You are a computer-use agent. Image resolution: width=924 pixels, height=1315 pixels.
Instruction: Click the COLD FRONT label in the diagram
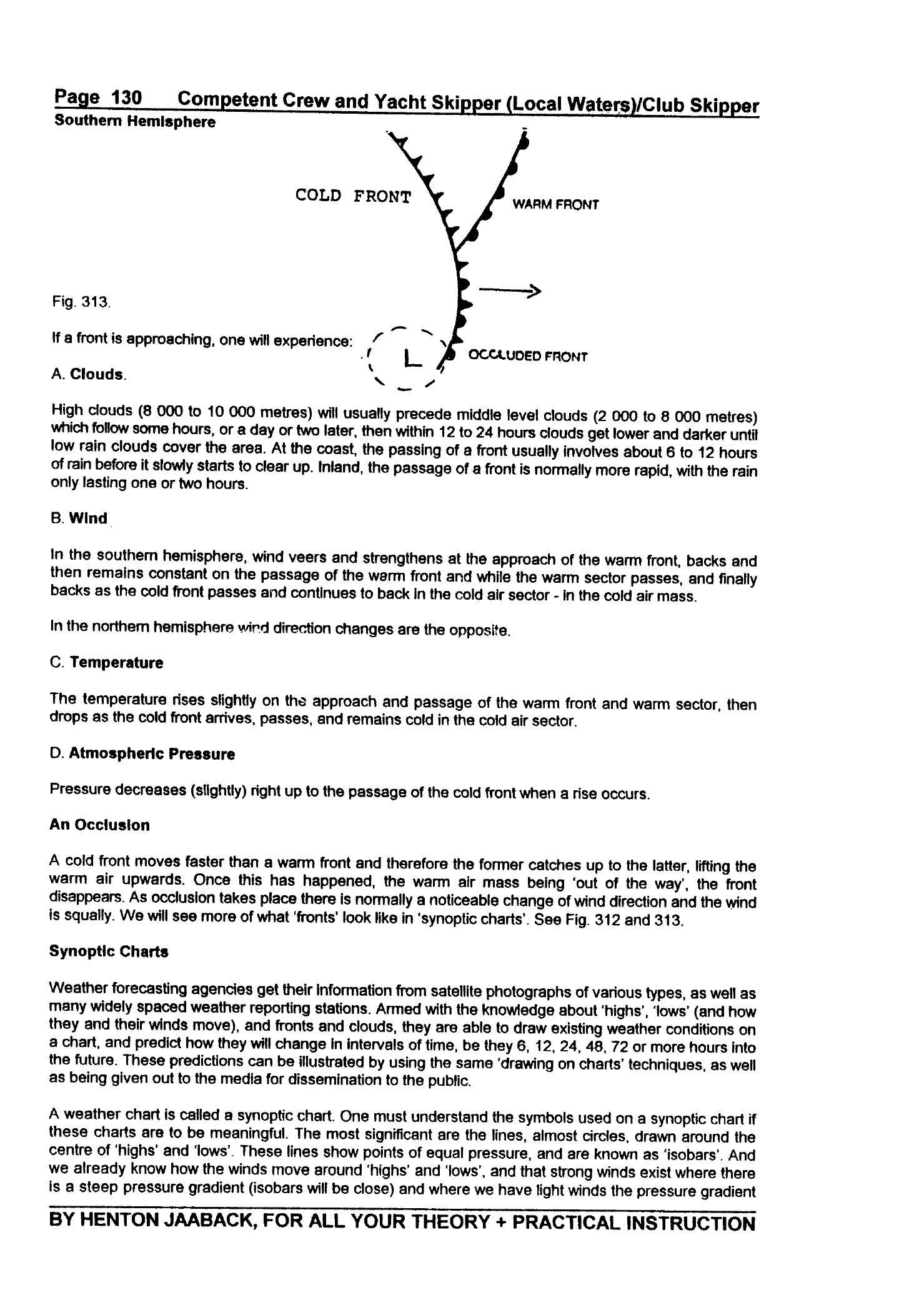[354, 196]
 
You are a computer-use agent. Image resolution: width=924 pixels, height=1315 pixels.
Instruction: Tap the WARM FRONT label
[555, 204]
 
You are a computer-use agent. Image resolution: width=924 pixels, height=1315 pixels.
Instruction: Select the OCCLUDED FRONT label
[528, 356]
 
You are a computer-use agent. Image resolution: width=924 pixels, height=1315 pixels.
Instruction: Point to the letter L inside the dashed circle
[413, 359]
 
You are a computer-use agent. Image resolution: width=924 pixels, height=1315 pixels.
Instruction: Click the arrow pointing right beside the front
[509, 290]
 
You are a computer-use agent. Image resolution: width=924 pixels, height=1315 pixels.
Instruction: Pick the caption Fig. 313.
[81, 302]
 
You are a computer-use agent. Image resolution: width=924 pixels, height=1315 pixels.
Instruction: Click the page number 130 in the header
[126, 98]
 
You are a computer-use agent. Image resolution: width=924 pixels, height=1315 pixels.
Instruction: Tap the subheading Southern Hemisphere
[135, 122]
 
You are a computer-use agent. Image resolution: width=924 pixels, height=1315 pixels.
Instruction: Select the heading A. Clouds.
[89, 375]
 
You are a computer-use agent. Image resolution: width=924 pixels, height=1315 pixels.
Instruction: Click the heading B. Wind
[79, 519]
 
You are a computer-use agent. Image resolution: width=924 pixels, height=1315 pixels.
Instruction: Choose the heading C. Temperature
[106, 663]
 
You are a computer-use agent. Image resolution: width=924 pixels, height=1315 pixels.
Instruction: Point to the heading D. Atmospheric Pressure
[142, 754]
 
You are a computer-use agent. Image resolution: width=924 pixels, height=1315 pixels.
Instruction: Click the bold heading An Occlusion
[99, 825]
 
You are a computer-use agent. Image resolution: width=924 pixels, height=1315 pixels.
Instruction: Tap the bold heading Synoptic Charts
[109, 952]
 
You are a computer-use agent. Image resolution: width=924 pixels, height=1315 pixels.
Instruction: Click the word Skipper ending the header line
[724, 106]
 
